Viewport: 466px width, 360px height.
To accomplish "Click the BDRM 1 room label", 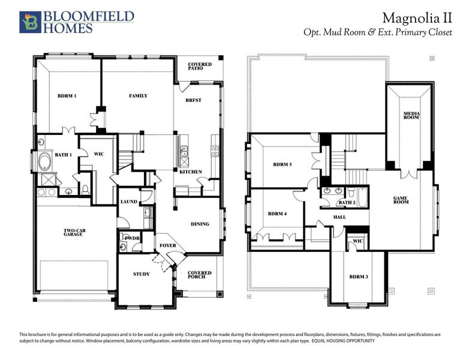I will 67,96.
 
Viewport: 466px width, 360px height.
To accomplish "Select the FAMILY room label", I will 138,96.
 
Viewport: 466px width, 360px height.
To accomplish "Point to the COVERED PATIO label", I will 199,66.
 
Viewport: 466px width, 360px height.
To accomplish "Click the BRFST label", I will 193,100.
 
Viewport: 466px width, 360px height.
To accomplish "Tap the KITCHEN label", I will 191,172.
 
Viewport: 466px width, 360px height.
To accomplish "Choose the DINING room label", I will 200,224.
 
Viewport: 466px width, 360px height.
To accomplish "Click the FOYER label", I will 167,245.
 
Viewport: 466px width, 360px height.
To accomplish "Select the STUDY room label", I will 141,274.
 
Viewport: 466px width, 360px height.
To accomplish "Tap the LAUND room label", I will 129,202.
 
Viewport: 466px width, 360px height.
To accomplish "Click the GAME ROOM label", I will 401,200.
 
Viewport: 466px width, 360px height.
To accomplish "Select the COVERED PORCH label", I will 200,274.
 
